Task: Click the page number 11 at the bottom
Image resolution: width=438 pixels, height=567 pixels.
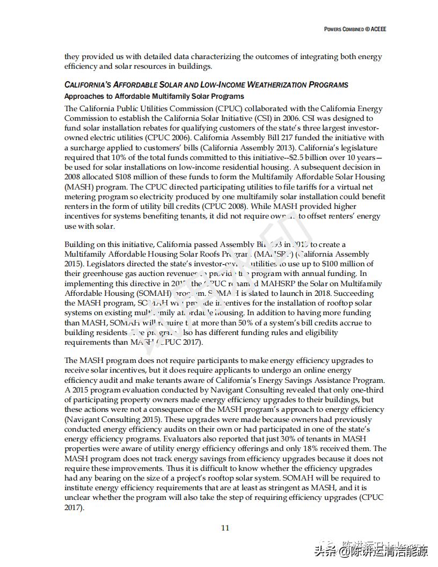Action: [x=225, y=527]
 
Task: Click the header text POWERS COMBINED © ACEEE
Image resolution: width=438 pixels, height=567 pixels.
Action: [x=355, y=29]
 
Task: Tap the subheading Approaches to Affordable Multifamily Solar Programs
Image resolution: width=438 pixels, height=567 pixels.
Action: [x=154, y=97]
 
